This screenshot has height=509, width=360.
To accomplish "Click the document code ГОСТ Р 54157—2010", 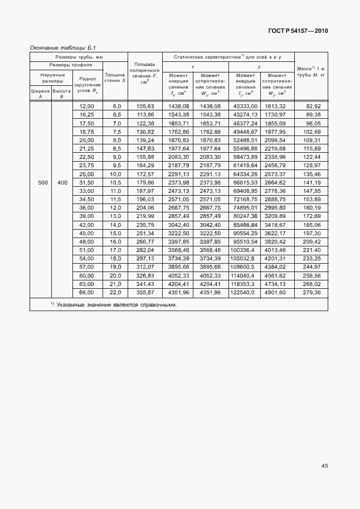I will [x=298, y=31].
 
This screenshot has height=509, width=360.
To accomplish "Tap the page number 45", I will [x=324, y=466].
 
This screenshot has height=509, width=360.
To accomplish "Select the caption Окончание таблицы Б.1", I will [x=63, y=48].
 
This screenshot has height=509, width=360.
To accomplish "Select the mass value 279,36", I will [x=312, y=293].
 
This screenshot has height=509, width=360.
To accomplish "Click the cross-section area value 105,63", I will [x=144, y=106].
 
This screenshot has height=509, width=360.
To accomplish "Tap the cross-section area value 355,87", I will [x=144, y=293].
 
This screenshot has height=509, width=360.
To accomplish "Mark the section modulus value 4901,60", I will [x=275, y=293].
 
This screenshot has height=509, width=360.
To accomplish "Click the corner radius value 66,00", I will [x=87, y=293].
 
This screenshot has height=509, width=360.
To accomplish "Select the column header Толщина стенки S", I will [x=115, y=77].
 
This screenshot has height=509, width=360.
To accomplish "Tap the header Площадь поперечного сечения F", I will [x=144, y=71].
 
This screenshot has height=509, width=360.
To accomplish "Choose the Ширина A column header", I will [x=40, y=93].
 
